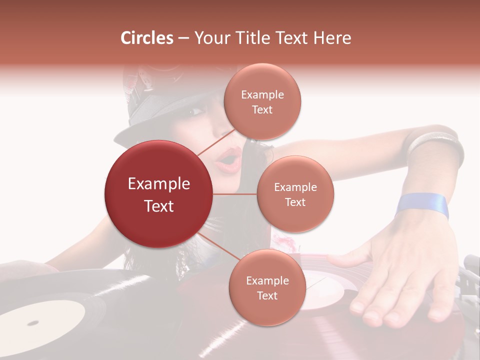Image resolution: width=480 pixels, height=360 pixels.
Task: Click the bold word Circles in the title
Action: [x=146, y=38]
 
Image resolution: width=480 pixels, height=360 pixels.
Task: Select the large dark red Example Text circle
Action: [x=159, y=194]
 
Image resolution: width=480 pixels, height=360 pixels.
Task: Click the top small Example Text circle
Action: [x=262, y=101]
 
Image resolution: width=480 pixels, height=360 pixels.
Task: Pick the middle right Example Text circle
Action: [x=295, y=194]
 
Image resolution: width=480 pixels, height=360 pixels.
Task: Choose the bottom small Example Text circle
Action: [x=267, y=287]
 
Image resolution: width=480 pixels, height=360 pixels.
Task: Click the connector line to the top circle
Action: [x=215, y=142]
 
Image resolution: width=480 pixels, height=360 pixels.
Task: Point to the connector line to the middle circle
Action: [x=234, y=194]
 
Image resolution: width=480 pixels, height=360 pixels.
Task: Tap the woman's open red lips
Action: [x=229, y=159]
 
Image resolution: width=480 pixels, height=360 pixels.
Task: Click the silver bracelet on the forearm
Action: [x=433, y=141]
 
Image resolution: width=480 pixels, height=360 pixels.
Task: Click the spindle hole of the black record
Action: [x=33, y=321]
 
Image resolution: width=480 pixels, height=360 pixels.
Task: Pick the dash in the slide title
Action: [x=183, y=38]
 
